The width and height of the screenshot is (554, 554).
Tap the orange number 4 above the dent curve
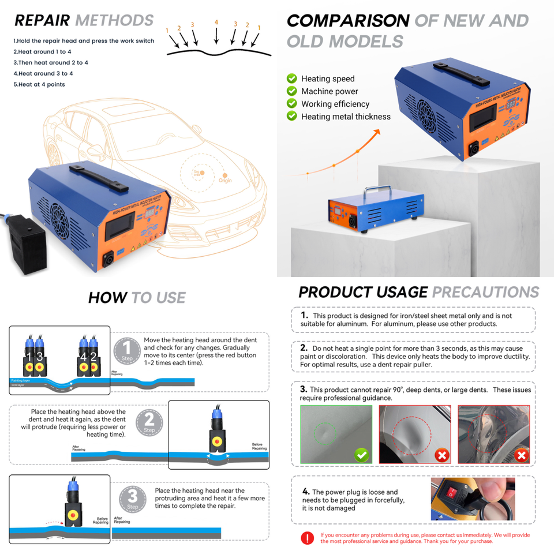[216, 23]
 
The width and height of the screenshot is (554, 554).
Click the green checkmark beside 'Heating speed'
[291, 78]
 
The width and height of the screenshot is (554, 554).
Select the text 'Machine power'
[330, 91]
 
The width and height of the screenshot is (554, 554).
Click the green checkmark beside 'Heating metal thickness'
[291, 117]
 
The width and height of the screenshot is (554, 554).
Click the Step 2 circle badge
[149, 425]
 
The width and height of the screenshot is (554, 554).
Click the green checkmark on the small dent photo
[362, 455]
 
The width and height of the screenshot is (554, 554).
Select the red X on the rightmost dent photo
[522, 455]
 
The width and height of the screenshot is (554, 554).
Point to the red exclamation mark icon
[307, 538]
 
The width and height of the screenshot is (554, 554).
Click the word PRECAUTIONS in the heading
[485, 292]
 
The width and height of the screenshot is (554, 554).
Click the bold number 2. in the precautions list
[304, 348]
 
